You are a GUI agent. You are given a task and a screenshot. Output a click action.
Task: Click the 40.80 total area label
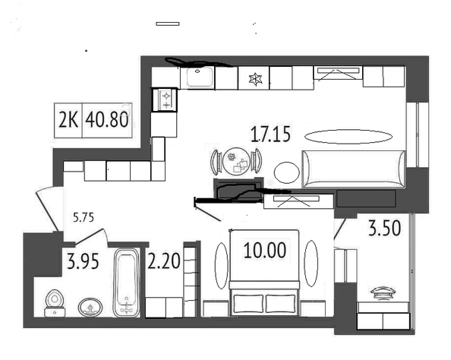[x=107, y=120]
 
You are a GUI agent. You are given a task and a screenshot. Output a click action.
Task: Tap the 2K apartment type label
[x=68, y=120]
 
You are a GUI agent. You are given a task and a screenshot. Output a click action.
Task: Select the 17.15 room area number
[x=270, y=134]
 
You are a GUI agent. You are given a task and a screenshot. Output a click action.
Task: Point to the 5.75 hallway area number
[x=84, y=217]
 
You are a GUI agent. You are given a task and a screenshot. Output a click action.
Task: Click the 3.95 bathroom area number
[x=83, y=261]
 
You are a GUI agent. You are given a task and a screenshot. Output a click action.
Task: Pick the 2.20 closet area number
[x=164, y=261]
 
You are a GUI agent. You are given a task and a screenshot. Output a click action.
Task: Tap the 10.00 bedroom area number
[x=265, y=250]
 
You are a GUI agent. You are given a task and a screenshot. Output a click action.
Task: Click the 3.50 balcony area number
[x=384, y=228]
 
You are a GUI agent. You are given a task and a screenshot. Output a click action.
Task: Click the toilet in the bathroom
[x=55, y=303]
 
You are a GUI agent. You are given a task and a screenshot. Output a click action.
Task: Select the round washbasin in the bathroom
[x=90, y=308]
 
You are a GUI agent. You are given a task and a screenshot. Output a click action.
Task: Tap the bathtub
[x=127, y=283]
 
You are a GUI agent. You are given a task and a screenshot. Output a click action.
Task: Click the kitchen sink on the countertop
[x=200, y=77]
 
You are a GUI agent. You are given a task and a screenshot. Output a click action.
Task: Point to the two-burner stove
[x=166, y=99]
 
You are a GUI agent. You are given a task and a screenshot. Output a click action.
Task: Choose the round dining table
[x=236, y=161]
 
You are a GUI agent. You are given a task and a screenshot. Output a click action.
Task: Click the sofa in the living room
[x=353, y=169]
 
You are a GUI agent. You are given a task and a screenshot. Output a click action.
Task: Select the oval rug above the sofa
[x=348, y=137]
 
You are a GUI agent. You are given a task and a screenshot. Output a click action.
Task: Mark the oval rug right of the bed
[x=311, y=264]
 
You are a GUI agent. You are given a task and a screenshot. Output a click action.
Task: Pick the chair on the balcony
[x=383, y=292]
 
